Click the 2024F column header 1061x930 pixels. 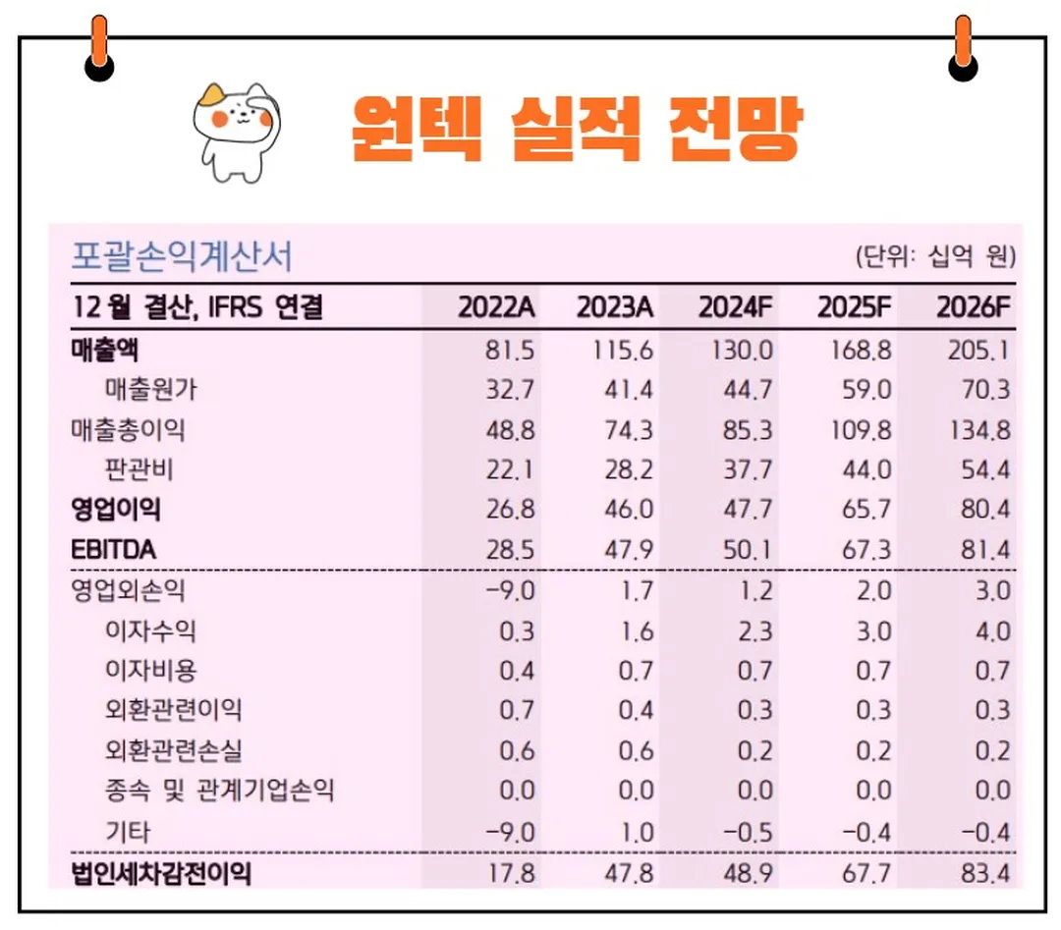coord(736,307)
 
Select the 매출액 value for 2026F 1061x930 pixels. coord(978,350)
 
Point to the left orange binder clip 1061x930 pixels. coord(98,49)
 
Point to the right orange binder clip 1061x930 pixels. coord(963,49)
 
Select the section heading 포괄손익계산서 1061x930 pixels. coord(182,257)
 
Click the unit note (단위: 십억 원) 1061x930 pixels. coord(934,258)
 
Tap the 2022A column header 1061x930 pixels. coord(496,307)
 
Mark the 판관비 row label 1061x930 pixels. coord(139,469)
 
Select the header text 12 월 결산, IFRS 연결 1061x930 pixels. coord(196,307)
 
